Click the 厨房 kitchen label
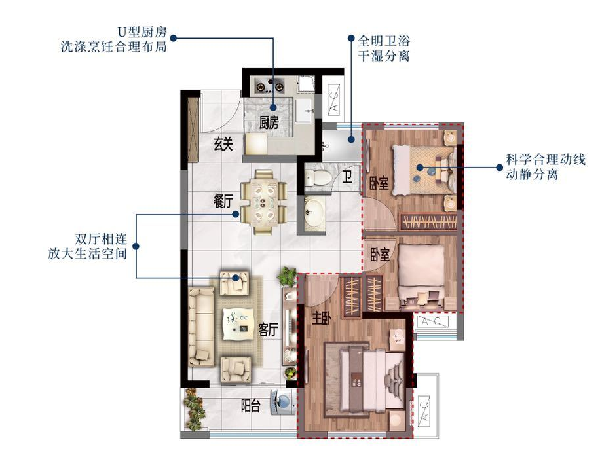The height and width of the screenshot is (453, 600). coord(269,122)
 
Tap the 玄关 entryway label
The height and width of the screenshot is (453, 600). coord(223,144)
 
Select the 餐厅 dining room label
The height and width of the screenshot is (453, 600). coord(223,201)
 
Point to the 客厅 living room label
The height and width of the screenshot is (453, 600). coord(268,329)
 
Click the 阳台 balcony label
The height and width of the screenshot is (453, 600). coord(251,406)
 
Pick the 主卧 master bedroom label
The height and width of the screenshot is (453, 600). coord(322,318)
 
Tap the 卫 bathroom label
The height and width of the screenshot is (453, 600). coord(347,177)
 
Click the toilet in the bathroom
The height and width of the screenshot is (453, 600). coord(318,177)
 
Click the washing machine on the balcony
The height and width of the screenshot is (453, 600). coord(283,402)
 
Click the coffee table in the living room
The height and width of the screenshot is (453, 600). coord(239,324)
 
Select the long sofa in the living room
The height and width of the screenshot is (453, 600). coord(201,327)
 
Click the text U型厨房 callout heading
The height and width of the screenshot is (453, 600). coord(142,32)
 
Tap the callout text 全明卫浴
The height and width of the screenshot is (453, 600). coord(384,41)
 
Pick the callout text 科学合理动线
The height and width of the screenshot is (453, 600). coord(545,159)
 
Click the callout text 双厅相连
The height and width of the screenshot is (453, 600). coord(101,240)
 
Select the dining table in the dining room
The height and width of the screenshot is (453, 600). coord(264,202)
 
